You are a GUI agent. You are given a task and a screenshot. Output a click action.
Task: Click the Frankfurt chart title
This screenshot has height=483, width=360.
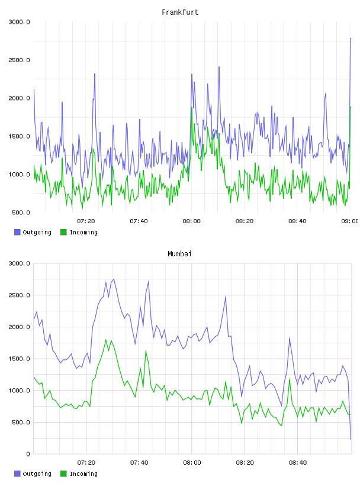[x=180, y=12]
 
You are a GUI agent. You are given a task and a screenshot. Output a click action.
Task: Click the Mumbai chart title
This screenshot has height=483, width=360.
[x=179, y=254]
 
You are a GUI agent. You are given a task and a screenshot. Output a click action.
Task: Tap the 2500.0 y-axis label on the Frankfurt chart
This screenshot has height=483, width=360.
[x=19, y=60]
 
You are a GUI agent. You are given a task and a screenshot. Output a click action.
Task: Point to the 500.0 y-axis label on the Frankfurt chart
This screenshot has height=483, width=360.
[x=21, y=212]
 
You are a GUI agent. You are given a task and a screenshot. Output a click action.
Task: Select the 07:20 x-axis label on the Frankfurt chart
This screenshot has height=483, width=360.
[x=86, y=221]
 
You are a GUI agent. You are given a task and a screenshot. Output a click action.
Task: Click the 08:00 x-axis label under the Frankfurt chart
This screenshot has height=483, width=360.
[x=191, y=221]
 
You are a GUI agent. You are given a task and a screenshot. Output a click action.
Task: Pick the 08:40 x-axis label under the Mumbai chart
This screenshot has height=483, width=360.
[x=298, y=463]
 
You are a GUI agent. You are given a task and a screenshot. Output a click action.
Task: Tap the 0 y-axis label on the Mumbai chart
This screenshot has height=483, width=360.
[x=28, y=454]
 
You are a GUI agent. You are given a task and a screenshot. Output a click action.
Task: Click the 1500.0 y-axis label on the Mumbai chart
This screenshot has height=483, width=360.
[x=19, y=359]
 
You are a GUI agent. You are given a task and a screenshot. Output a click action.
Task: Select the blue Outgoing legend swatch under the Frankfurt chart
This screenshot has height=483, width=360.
[x=17, y=232]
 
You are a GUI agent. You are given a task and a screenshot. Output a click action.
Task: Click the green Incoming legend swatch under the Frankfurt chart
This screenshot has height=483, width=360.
[x=63, y=232]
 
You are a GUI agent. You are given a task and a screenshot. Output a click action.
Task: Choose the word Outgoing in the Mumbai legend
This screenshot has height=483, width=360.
[x=37, y=474]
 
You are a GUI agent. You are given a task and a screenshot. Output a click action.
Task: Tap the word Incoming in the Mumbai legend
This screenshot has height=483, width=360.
[x=83, y=474]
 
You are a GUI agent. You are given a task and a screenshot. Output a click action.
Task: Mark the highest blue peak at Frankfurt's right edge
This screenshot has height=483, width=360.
[x=351, y=38]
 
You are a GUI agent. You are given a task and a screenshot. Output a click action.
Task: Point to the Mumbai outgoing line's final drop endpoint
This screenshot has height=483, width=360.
[x=351, y=440]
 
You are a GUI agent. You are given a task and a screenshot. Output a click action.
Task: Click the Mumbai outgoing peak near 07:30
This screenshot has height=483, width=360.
[x=114, y=279]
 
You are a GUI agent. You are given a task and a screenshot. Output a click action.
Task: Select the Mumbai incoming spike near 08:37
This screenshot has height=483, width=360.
[x=290, y=379]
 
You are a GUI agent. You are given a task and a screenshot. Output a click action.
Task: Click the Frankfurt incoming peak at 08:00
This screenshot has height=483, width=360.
[x=192, y=108]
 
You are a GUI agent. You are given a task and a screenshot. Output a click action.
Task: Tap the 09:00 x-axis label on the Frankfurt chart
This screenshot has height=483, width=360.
[x=349, y=221]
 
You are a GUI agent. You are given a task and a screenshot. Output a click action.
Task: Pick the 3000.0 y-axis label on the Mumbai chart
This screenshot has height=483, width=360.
[x=19, y=263]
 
